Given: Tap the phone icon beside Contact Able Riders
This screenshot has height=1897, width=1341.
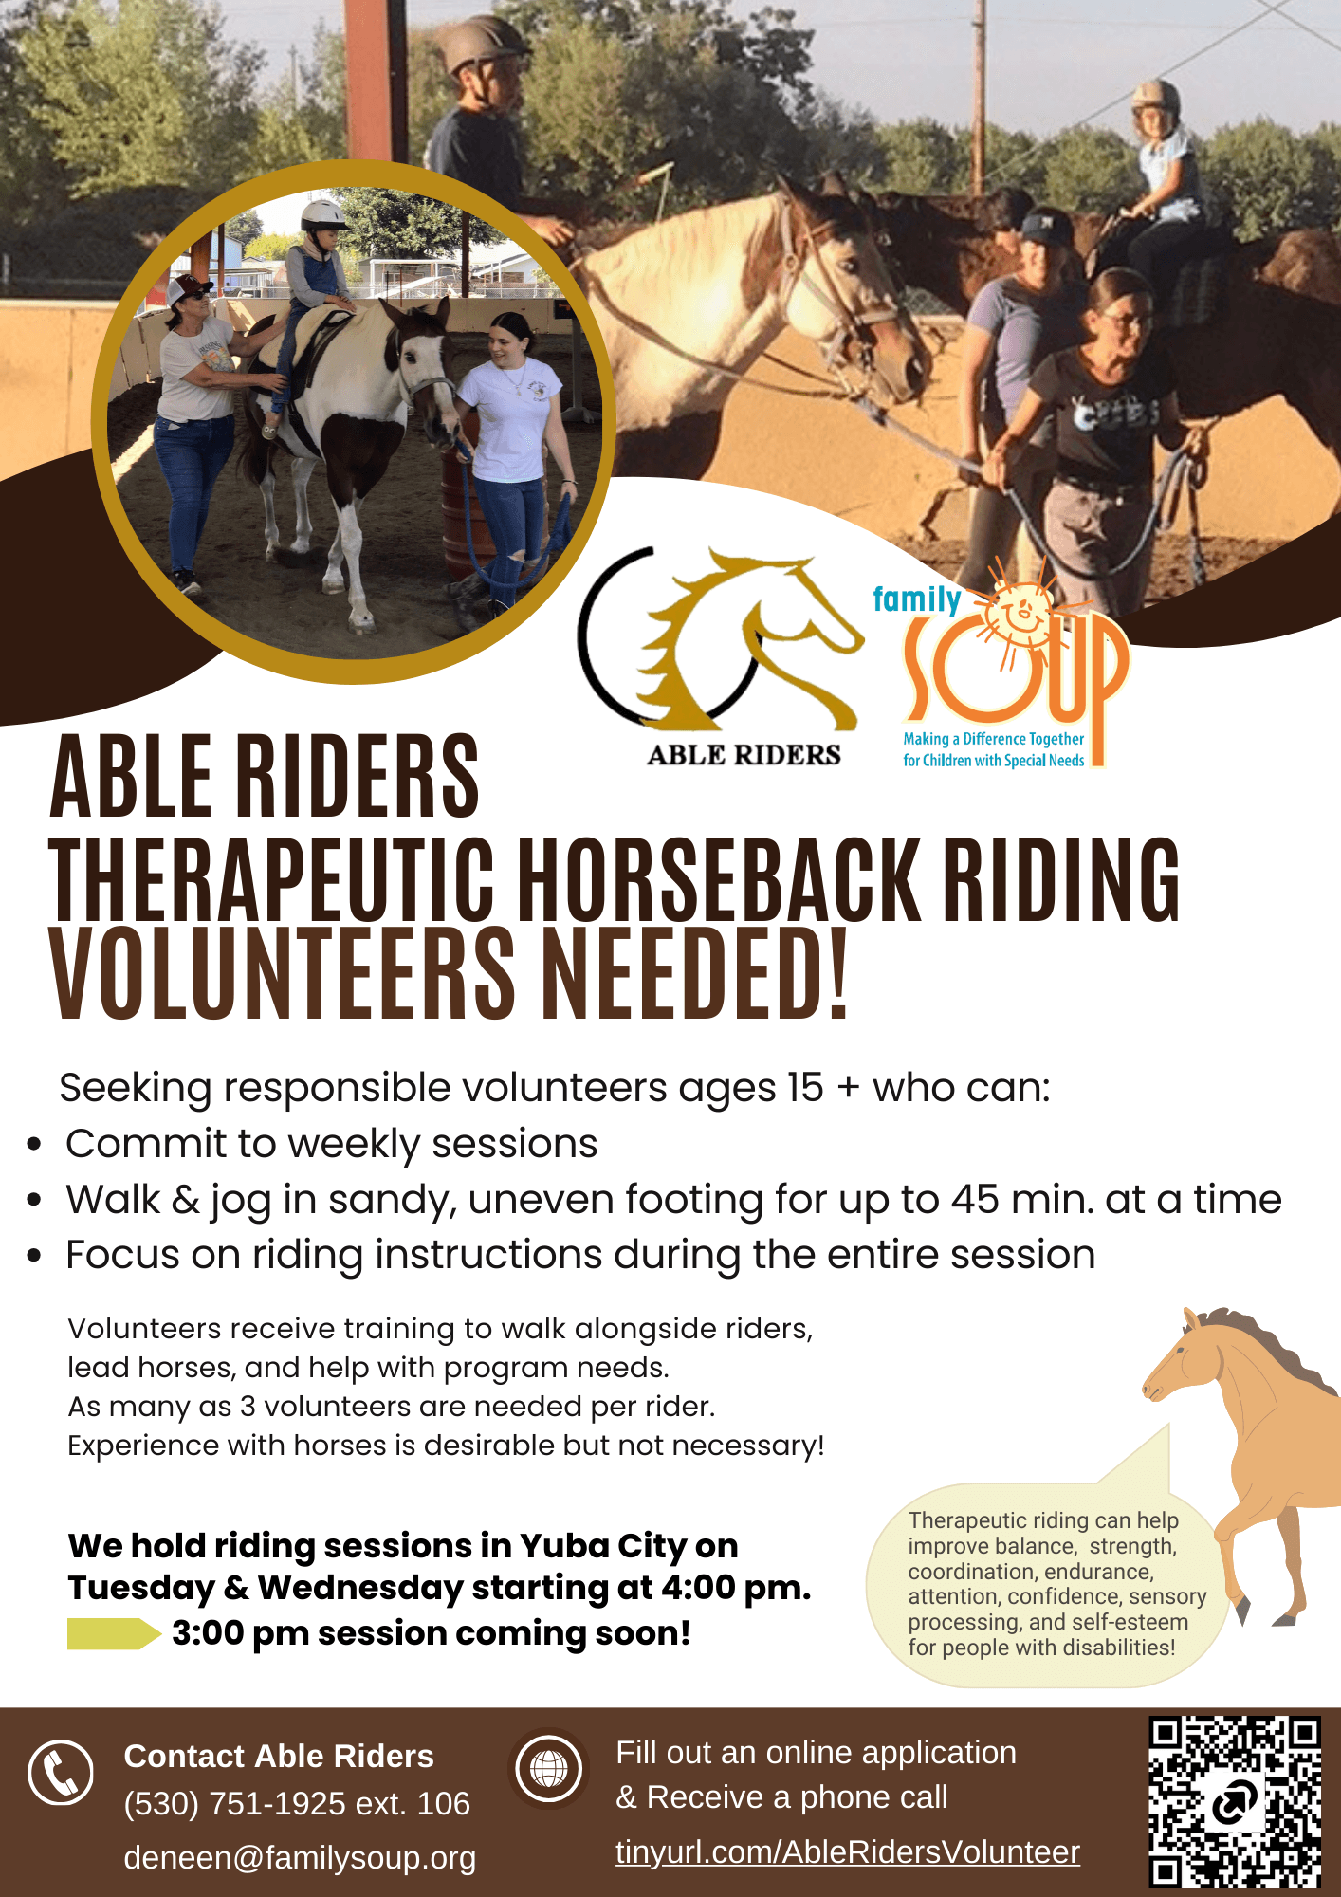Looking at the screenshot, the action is [x=61, y=1772].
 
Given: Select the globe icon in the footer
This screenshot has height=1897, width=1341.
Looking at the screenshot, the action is [x=548, y=1768].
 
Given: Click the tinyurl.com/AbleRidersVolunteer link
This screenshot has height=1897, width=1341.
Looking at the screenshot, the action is [x=848, y=1851].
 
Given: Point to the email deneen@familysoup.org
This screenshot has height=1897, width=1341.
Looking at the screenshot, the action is [x=300, y=1857].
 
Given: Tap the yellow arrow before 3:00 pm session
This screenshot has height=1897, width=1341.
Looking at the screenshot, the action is [x=114, y=1634].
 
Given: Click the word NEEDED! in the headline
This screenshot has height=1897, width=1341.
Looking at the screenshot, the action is [x=694, y=974].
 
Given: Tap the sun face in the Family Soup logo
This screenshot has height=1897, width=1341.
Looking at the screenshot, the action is [x=1022, y=615].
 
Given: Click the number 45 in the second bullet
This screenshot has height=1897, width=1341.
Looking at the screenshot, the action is [x=975, y=1199].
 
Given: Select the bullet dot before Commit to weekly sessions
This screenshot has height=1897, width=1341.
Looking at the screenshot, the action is [x=34, y=1144].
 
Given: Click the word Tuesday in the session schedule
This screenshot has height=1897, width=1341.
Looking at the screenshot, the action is [x=142, y=1588].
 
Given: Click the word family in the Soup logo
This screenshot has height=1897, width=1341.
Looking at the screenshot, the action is [x=917, y=599].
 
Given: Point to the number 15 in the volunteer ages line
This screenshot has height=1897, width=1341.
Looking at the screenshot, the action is [x=805, y=1088].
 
